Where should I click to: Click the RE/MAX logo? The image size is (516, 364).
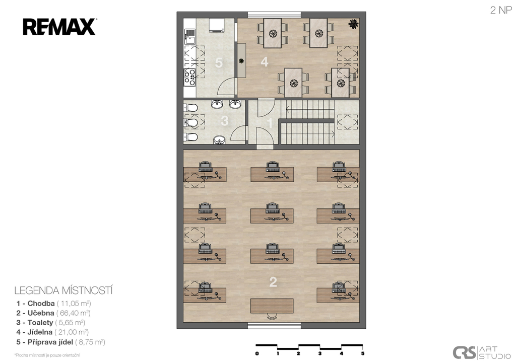59,27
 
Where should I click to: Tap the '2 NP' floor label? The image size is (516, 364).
501,10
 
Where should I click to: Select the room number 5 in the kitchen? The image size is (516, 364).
219,63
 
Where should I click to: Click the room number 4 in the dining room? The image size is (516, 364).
264,62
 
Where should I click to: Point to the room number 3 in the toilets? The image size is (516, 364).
224,121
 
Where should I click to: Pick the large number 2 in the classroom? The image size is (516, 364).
273,282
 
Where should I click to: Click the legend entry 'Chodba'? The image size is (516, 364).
41,303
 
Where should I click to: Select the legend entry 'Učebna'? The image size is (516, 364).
41,313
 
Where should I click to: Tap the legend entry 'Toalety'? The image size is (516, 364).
40,323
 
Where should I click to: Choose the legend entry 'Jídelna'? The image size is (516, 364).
40,332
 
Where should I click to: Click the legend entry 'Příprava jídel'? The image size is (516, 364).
50,342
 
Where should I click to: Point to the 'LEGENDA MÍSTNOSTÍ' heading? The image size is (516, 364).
63,290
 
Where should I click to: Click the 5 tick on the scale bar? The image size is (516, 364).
363,353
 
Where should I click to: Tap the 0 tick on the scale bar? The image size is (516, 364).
257,353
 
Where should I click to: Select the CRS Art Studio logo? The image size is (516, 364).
482,353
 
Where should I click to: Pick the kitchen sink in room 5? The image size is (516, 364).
189,36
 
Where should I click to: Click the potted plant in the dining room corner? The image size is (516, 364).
353,24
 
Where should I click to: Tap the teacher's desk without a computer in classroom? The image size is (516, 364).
272,306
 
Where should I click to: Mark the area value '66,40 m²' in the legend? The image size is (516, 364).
74,313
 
